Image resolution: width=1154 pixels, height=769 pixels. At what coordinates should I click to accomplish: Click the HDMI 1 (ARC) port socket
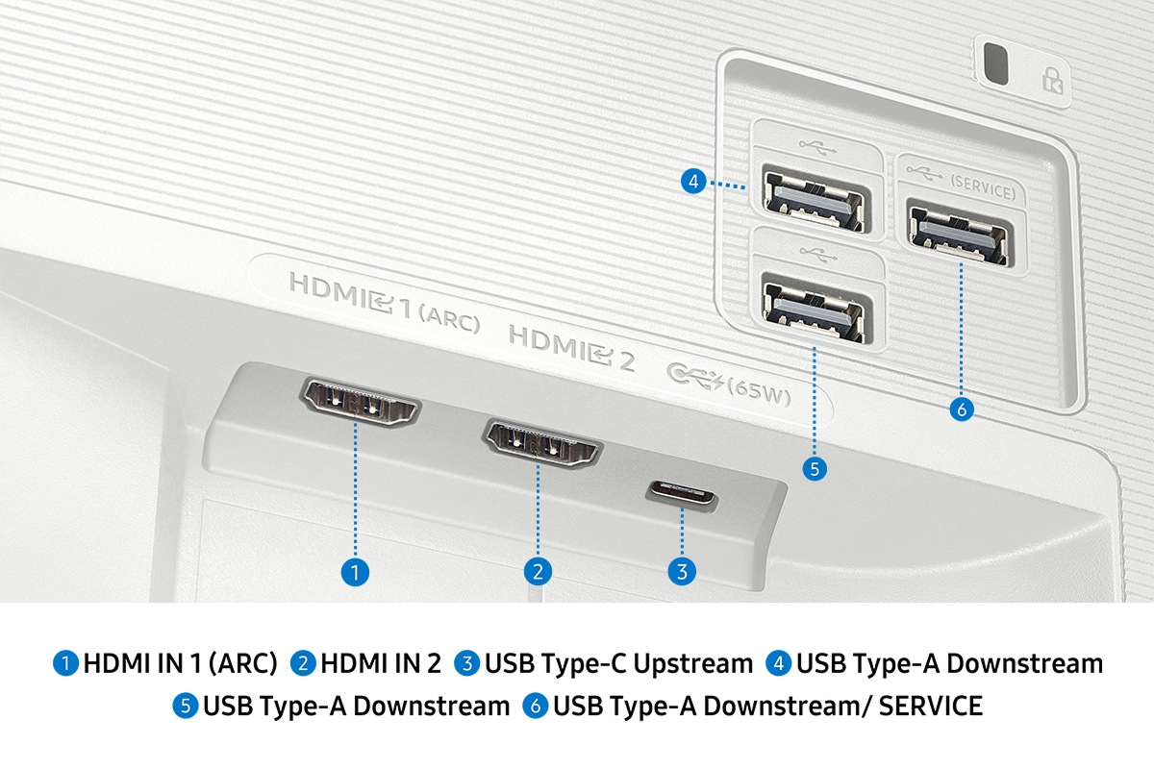(x=360, y=402)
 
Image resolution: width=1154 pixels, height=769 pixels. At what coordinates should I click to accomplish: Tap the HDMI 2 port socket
(x=541, y=443)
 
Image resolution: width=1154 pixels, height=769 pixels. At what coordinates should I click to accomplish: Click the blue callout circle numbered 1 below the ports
(x=355, y=573)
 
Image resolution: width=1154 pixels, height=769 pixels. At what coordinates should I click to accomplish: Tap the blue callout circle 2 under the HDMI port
(x=538, y=572)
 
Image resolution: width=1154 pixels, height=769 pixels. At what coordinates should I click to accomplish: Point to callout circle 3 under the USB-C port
(x=681, y=572)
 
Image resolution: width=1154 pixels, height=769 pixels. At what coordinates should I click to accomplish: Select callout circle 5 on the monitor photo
(x=815, y=469)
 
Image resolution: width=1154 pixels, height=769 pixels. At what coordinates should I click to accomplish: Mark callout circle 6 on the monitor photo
(x=961, y=409)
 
